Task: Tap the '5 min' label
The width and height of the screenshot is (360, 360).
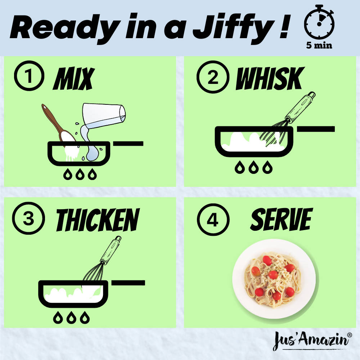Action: pos(319,46)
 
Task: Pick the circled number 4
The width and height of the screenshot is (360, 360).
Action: pos(213,220)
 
